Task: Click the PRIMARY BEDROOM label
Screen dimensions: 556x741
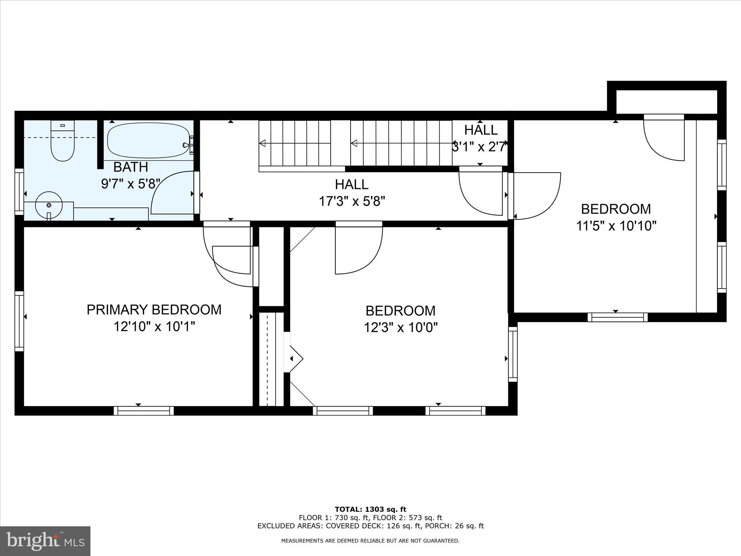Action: pos(154,310)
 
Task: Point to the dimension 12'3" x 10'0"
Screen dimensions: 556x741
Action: pos(401,328)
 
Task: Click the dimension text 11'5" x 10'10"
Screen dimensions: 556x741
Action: pos(616,226)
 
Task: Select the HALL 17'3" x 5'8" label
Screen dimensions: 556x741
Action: pos(351,193)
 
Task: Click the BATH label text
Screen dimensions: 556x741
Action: pos(131,167)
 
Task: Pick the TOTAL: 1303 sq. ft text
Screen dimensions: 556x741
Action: pos(370,510)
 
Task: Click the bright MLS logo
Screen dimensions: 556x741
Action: pos(45,541)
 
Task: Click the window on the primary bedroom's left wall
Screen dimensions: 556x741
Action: pos(19,321)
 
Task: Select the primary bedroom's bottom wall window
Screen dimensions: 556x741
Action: pos(144,410)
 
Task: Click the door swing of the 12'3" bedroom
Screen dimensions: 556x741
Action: pos(358,250)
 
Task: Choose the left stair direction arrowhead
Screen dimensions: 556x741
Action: pos(263,143)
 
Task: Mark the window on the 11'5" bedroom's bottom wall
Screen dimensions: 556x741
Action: pos(617,317)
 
